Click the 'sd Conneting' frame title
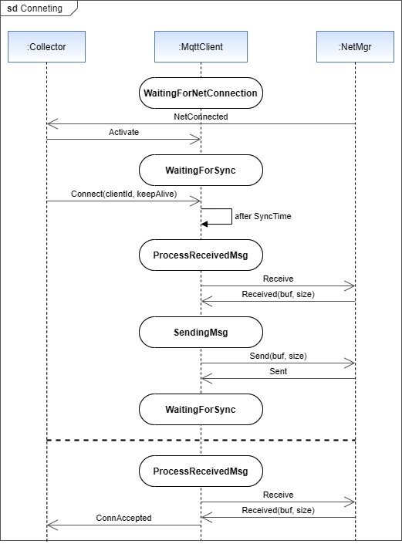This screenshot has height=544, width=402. click(x=35, y=8)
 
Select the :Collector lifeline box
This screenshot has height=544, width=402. click(x=46, y=47)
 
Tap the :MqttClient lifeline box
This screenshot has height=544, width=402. click(x=201, y=47)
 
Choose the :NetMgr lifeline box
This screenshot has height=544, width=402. click(x=355, y=47)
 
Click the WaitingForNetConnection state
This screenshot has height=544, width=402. click(x=201, y=93)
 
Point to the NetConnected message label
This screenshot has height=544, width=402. click(x=201, y=116)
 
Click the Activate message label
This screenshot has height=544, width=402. click(x=123, y=132)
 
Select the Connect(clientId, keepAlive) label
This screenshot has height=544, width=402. click(x=123, y=194)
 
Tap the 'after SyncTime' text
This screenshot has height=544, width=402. click(x=262, y=216)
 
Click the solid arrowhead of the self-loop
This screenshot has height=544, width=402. click(x=204, y=224)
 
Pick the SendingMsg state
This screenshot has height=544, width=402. click(x=201, y=333)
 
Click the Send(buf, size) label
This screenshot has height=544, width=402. click(x=278, y=356)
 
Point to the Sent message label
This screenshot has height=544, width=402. click(x=278, y=371)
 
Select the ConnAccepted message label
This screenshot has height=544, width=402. click(x=123, y=518)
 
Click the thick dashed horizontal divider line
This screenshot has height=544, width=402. click(x=201, y=440)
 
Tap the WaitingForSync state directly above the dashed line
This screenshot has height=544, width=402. click(x=201, y=409)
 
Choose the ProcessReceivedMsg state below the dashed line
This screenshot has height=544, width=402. click(x=201, y=471)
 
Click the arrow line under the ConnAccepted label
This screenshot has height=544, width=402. click(x=123, y=525)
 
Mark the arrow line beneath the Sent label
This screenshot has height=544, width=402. click(x=278, y=379)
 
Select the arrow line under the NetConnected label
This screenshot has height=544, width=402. click(x=201, y=123)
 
